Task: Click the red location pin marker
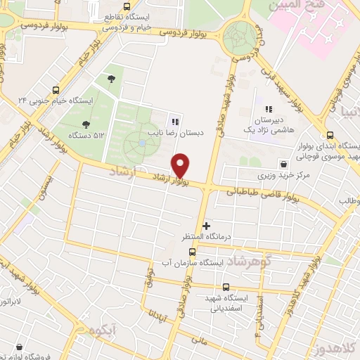(x=181, y=165)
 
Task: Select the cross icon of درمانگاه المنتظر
(x=206, y=226)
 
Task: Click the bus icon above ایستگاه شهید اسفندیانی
(x=226, y=287)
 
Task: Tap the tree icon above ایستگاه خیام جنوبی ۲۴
(x=112, y=79)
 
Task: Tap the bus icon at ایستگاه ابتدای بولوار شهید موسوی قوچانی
(x=330, y=135)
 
